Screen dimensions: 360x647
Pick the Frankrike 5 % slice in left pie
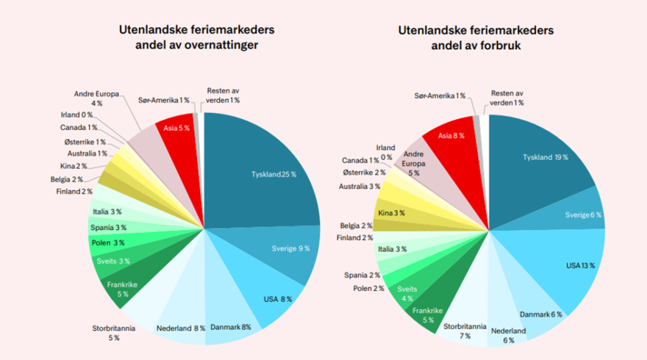coord(118,289)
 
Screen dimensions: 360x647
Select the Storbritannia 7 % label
coord(464,331)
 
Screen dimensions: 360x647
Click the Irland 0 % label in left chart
coord(76,115)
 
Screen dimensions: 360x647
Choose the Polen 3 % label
coord(108,243)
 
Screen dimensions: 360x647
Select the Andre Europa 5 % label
coord(413,163)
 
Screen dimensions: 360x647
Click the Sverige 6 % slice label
coord(584,215)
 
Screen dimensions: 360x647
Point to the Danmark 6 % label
coord(542,314)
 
